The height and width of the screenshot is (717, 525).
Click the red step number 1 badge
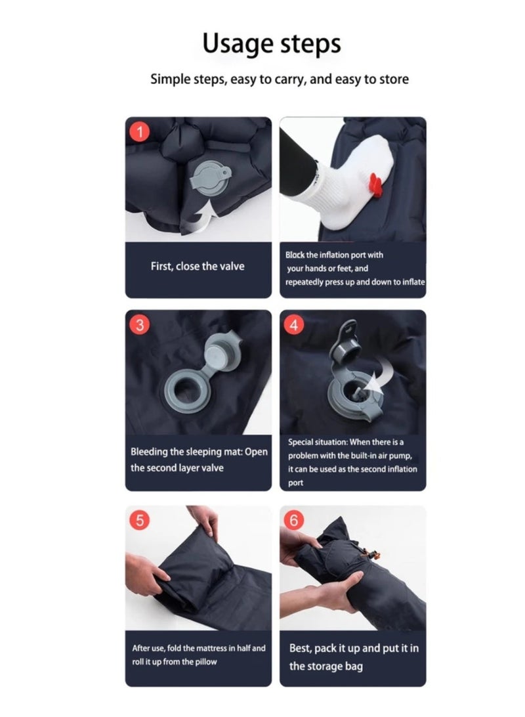[x=139, y=131]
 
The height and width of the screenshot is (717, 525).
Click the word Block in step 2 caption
[x=295, y=255]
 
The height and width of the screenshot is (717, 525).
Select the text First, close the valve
[x=198, y=267]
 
